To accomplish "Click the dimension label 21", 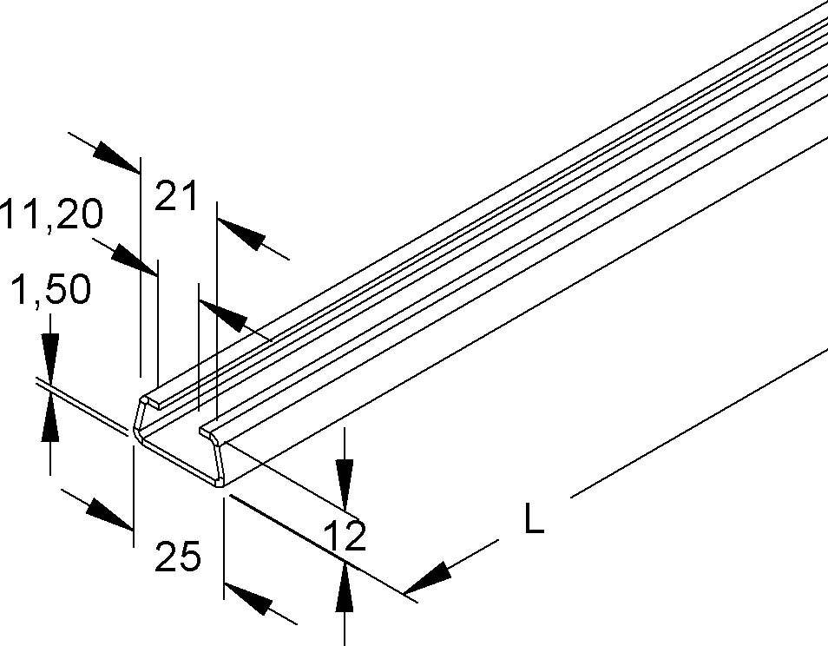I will coord(177,196).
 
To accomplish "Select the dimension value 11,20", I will coord(50,214).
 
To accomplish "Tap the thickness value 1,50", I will coord(50,292).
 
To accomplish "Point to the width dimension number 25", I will coord(178,557).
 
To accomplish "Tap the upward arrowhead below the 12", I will coord(345,583).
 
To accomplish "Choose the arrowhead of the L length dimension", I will coord(430,577).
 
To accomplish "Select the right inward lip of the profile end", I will coord(208,430).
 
